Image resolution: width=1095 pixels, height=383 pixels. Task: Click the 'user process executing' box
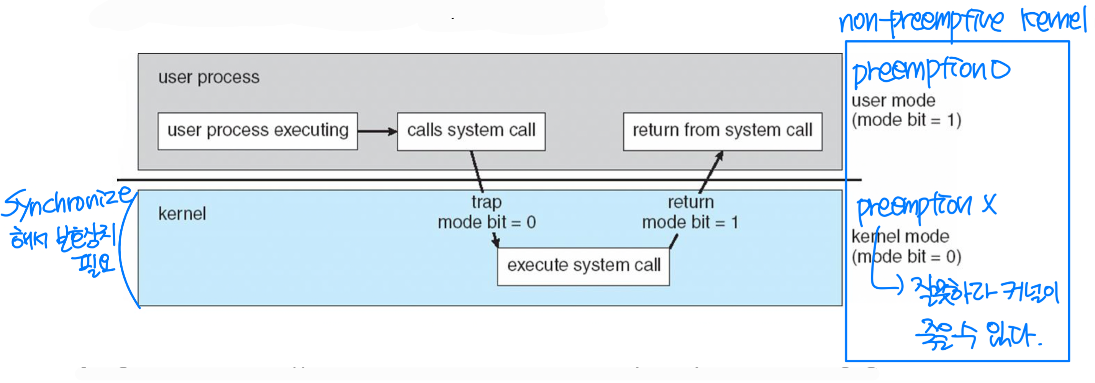tap(257, 131)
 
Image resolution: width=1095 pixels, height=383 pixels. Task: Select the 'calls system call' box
tap(471, 131)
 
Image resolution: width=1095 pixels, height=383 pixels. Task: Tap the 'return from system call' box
tap(722, 131)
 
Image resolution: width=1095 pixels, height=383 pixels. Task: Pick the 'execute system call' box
tap(583, 266)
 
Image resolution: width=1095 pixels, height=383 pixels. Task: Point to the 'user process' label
tap(209, 77)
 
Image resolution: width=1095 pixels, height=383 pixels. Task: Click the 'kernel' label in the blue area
tap(182, 214)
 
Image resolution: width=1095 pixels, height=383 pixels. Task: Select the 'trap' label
tap(486, 202)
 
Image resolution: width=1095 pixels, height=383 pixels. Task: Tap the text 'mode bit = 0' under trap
tap(487, 222)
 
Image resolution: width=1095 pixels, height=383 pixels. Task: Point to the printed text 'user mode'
tap(893, 101)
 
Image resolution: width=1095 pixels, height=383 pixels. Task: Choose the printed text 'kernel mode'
tap(900, 236)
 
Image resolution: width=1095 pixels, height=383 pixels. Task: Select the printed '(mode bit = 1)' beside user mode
tap(906, 120)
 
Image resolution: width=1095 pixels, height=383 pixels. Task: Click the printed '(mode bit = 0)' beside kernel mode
tap(906, 256)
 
